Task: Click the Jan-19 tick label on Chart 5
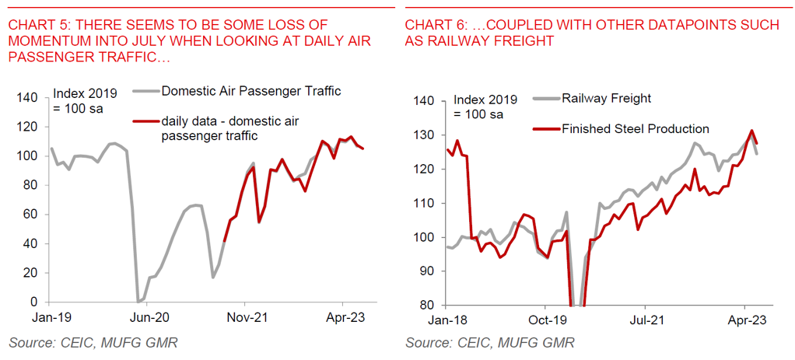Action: coord(51,317)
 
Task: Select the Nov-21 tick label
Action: coord(245,317)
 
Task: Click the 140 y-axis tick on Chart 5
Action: coord(26,98)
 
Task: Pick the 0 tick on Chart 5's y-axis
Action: coord(33,302)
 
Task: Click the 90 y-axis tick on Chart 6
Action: coord(424,271)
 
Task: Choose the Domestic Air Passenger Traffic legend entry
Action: coord(250,91)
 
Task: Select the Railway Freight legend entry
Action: coord(607,98)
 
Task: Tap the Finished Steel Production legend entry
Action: coord(635,128)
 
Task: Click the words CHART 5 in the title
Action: coord(34,26)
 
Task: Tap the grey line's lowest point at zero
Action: coord(138,301)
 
